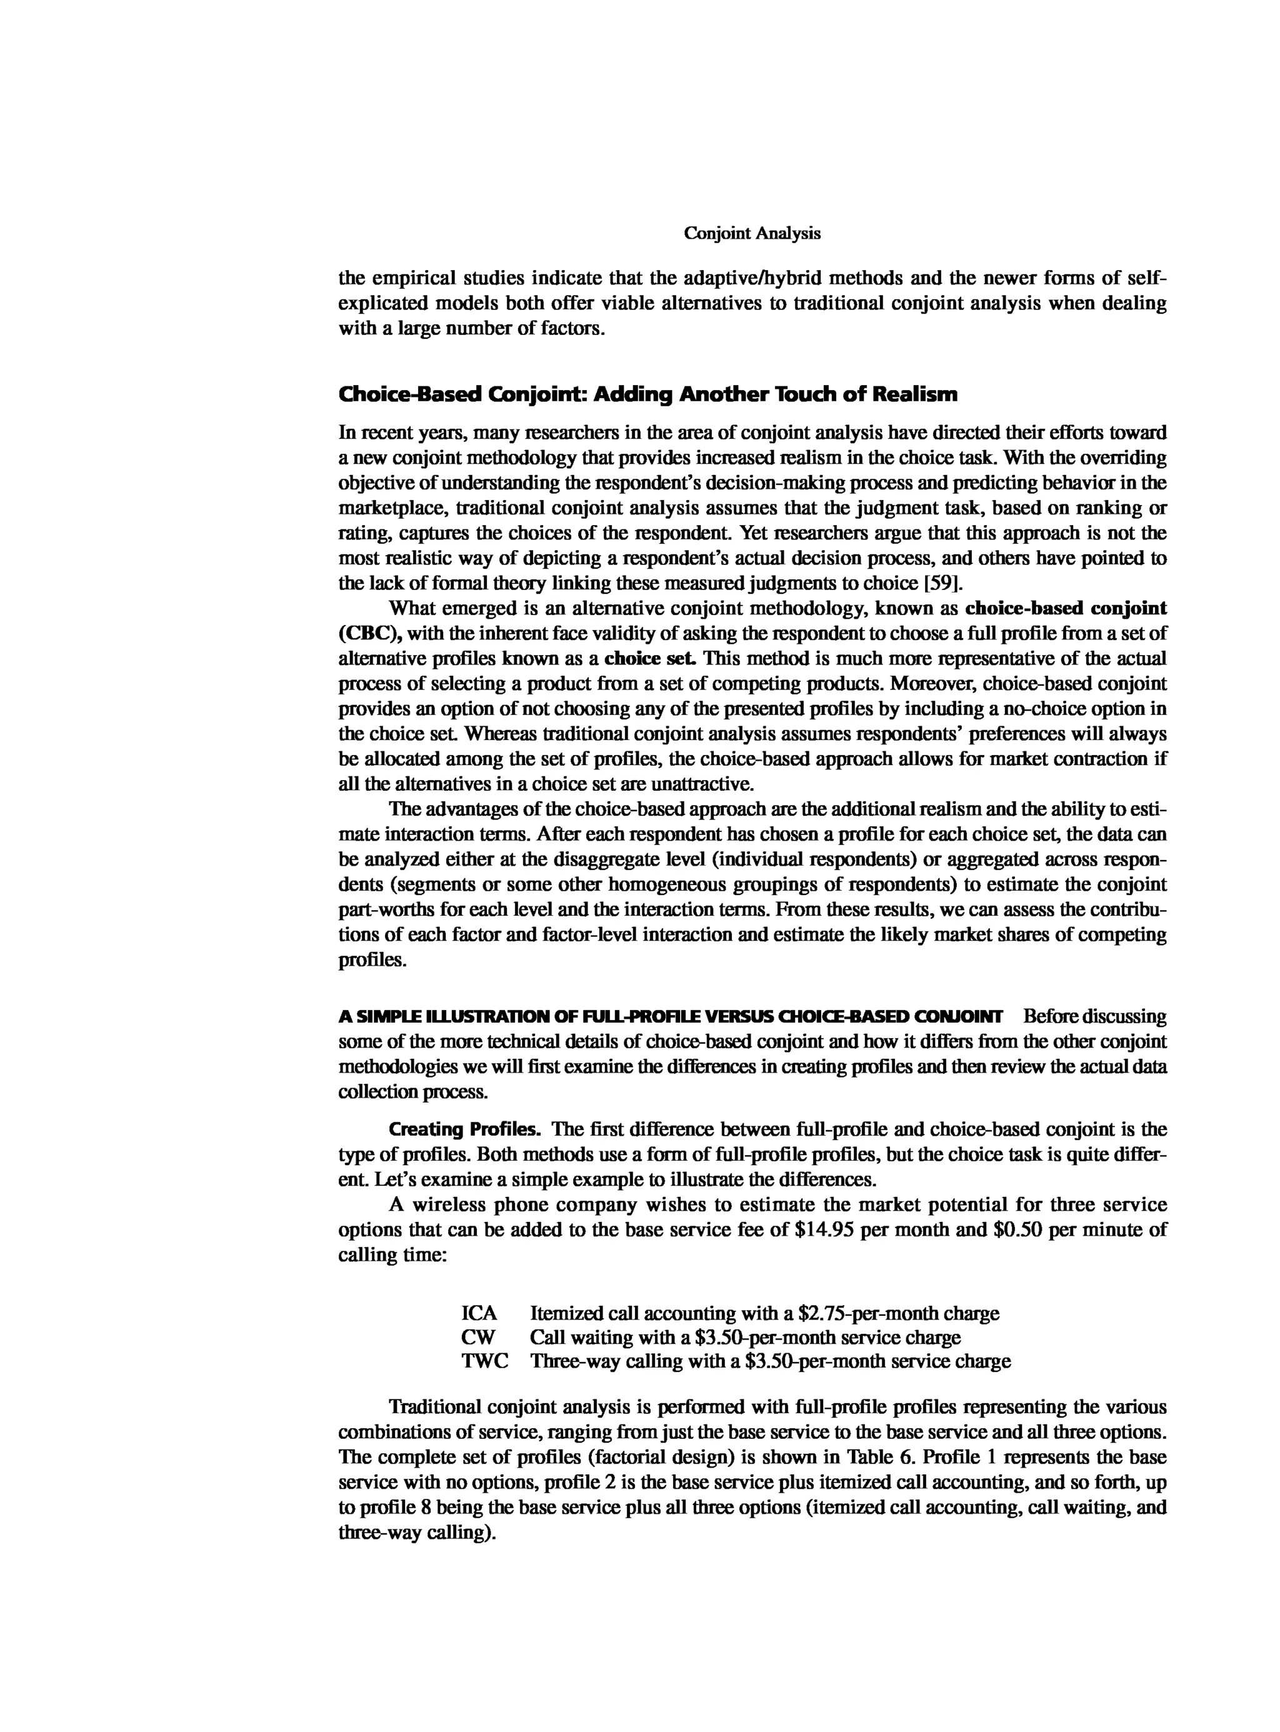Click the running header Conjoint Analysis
click(752, 233)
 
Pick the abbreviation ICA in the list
click(479, 1313)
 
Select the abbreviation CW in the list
click(478, 1337)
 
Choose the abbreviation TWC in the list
click(485, 1361)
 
